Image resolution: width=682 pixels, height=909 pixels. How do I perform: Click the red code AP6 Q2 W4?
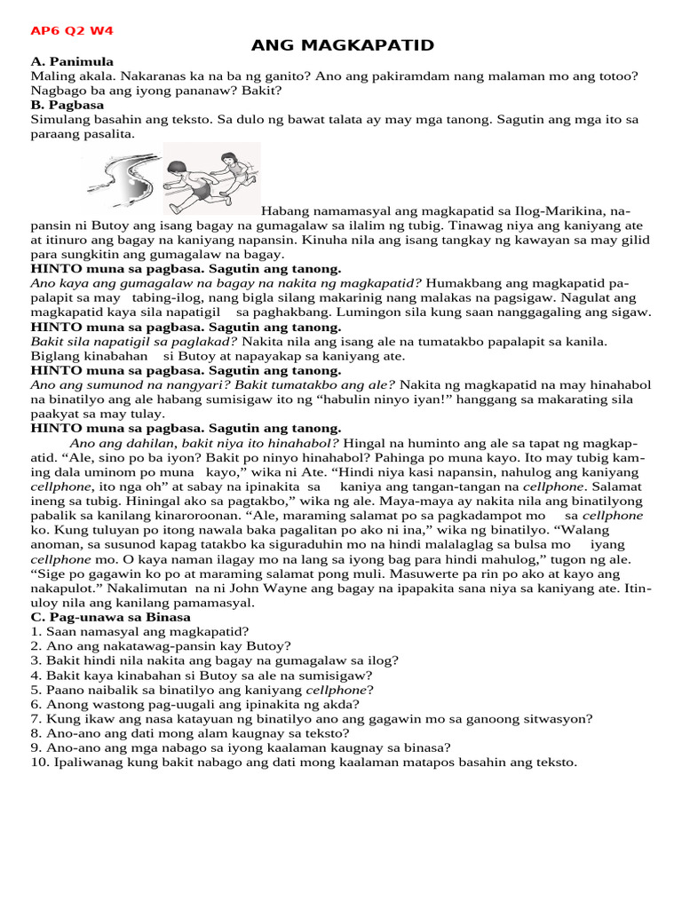pyautogui.click(x=72, y=31)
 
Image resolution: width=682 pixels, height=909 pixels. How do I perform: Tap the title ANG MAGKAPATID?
pyautogui.click(x=342, y=45)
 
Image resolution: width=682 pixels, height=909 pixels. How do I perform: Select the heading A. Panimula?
pyautogui.click(x=72, y=61)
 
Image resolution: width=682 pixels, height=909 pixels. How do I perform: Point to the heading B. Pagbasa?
pyautogui.click(x=67, y=105)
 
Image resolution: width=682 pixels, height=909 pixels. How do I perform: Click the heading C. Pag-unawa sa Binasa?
pyautogui.click(x=110, y=617)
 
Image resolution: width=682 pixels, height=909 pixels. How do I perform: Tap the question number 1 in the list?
pyautogui.click(x=36, y=632)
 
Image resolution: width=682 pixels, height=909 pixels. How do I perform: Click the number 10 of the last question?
pyautogui.click(x=39, y=762)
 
